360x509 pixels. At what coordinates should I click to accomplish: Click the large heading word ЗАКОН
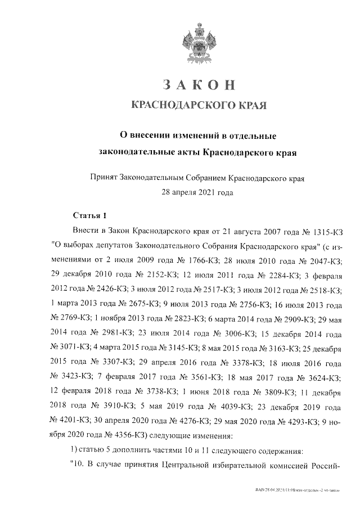coord(197,85)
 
